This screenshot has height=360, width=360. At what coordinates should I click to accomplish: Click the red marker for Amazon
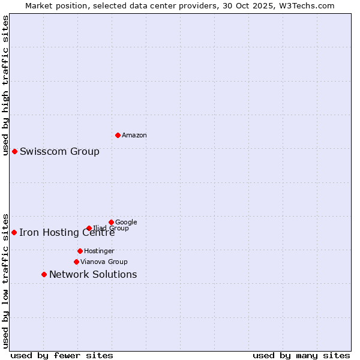pos(118,135)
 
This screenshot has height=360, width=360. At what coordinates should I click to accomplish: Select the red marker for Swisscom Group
pos(14,151)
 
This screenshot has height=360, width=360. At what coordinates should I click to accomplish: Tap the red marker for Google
pos(111,222)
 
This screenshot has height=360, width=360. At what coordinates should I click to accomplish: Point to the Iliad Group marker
pos(89,228)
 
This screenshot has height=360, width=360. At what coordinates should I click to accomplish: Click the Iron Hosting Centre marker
pos(14,232)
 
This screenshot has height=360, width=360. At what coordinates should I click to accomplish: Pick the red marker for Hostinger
pos(80,251)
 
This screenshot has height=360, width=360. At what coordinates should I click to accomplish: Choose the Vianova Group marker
pos(76,262)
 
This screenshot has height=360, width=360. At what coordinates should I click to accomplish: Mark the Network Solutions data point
pos(44,274)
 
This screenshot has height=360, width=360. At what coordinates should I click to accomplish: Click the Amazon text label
pos(134,136)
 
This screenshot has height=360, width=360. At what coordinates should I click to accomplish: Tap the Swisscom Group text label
pos(59,151)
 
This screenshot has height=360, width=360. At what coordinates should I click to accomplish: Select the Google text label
pos(126,222)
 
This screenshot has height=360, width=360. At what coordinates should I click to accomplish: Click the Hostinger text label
pos(99,251)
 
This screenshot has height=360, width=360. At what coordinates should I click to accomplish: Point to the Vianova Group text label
pos(104,262)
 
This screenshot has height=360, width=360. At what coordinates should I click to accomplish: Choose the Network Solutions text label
pos(93,274)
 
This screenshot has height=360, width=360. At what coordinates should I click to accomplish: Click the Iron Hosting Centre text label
pos(67,233)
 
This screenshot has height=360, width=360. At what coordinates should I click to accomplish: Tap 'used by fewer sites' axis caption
pos(62,355)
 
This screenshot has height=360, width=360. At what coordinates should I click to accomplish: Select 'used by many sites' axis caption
pos(301,355)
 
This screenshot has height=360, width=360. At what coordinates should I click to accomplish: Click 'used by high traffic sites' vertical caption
pos(5,85)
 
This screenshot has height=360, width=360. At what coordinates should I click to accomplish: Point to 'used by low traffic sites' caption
pos(5,280)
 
